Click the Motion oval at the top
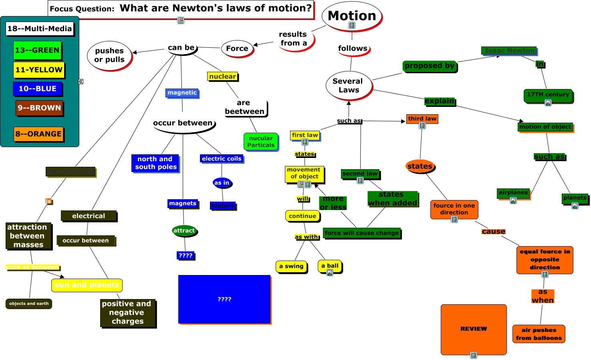click(x=352, y=16)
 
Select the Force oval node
click(x=237, y=49)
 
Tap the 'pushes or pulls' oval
click(x=109, y=55)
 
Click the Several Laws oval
click(x=348, y=85)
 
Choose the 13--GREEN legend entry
click(x=37, y=50)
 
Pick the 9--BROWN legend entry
click(x=39, y=107)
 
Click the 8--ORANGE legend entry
click(x=38, y=134)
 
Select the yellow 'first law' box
click(x=305, y=135)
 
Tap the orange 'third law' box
click(x=422, y=119)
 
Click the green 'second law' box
click(x=360, y=174)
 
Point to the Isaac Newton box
click(x=509, y=51)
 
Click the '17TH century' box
click(x=548, y=95)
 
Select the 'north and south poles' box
click(x=155, y=163)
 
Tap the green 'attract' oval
click(x=184, y=231)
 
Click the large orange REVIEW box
click(x=473, y=329)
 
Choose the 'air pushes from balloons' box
click(x=539, y=334)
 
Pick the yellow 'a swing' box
click(x=291, y=266)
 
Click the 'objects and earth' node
click(x=29, y=303)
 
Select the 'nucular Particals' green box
click(x=261, y=142)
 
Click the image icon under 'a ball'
click(x=330, y=273)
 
